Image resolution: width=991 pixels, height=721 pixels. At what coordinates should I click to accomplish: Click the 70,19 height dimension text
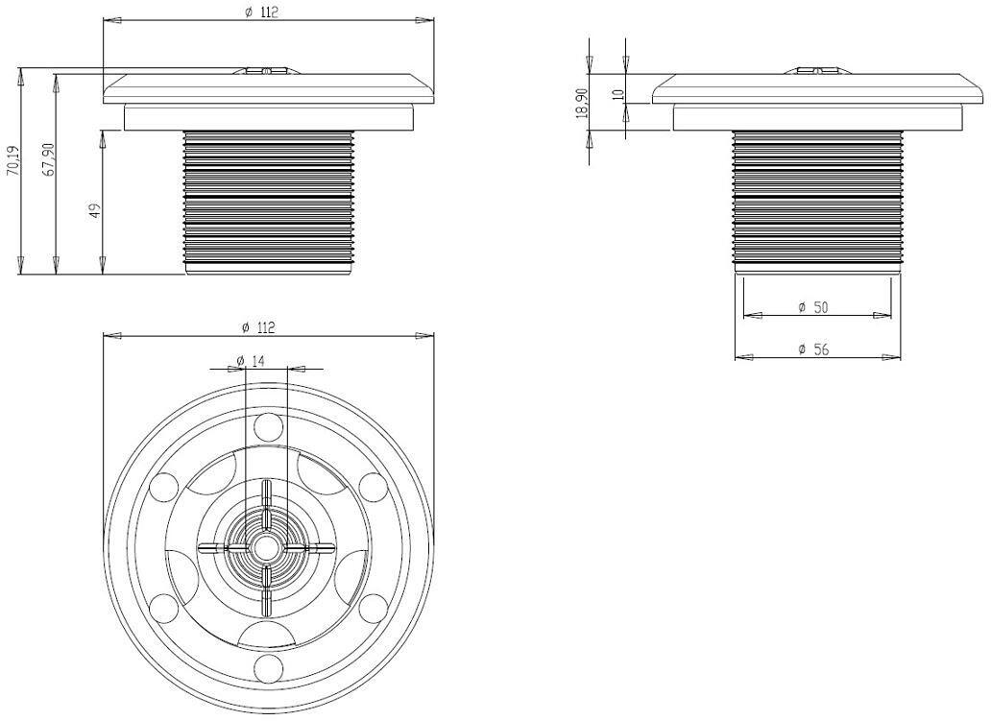[12, 161]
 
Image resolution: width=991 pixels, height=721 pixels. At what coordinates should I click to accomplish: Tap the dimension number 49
[95, 210]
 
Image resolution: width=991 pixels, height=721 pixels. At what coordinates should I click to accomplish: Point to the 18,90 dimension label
[582, 103]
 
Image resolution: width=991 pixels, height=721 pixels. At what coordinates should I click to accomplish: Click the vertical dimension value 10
[618, 94]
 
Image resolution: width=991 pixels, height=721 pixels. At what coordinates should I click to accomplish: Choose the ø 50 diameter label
[812, 308]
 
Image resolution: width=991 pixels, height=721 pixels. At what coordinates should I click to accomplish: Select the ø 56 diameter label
[813, 348]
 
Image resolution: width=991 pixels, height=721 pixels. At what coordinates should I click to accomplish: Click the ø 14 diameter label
[251, 360]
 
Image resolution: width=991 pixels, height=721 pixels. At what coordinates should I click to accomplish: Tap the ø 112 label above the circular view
[258, 327]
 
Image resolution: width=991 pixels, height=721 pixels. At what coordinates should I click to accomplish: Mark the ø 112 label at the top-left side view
[261, 12]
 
